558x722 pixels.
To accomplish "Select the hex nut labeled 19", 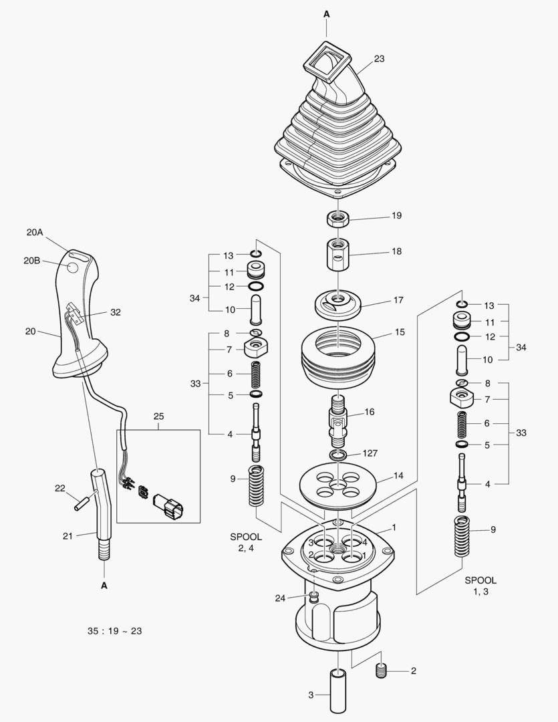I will pos(338,218).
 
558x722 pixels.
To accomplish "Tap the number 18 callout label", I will pos(397,252).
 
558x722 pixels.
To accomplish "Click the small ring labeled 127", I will pos(338,455).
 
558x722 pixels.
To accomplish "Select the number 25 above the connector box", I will pos(158,416).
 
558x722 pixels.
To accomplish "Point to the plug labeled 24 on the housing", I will pos(313,595).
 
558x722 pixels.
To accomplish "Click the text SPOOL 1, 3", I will pos(480,586).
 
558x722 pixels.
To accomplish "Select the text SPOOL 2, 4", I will pos(246,542).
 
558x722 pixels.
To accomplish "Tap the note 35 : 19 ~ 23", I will pos(114,630).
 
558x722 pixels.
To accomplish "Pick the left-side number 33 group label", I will pos(195,384).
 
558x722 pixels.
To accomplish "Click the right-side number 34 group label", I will pos(521,347).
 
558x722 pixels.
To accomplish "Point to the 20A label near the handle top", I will pos(35,233).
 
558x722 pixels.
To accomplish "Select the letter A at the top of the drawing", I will pos(327,13).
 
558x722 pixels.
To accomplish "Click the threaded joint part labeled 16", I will pos(338,421).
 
